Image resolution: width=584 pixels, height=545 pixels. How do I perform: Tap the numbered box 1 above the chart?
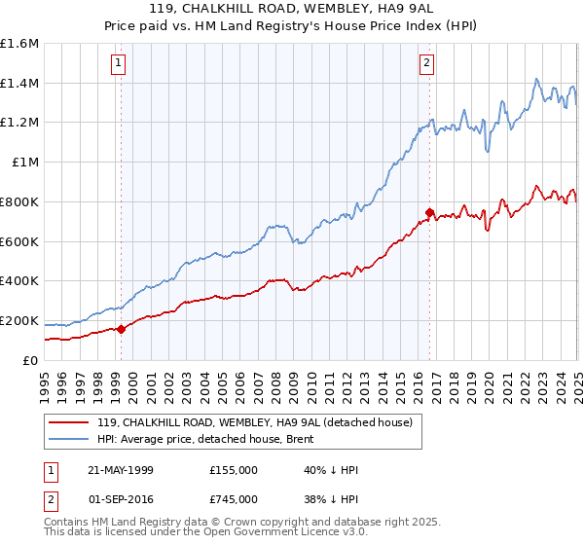[x=119, y=64]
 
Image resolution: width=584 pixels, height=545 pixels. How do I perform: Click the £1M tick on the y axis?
[x=24, y=163]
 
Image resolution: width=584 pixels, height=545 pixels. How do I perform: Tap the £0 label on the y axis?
[x=31, y=360]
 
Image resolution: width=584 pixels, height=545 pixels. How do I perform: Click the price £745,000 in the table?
[x=233, y=499]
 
